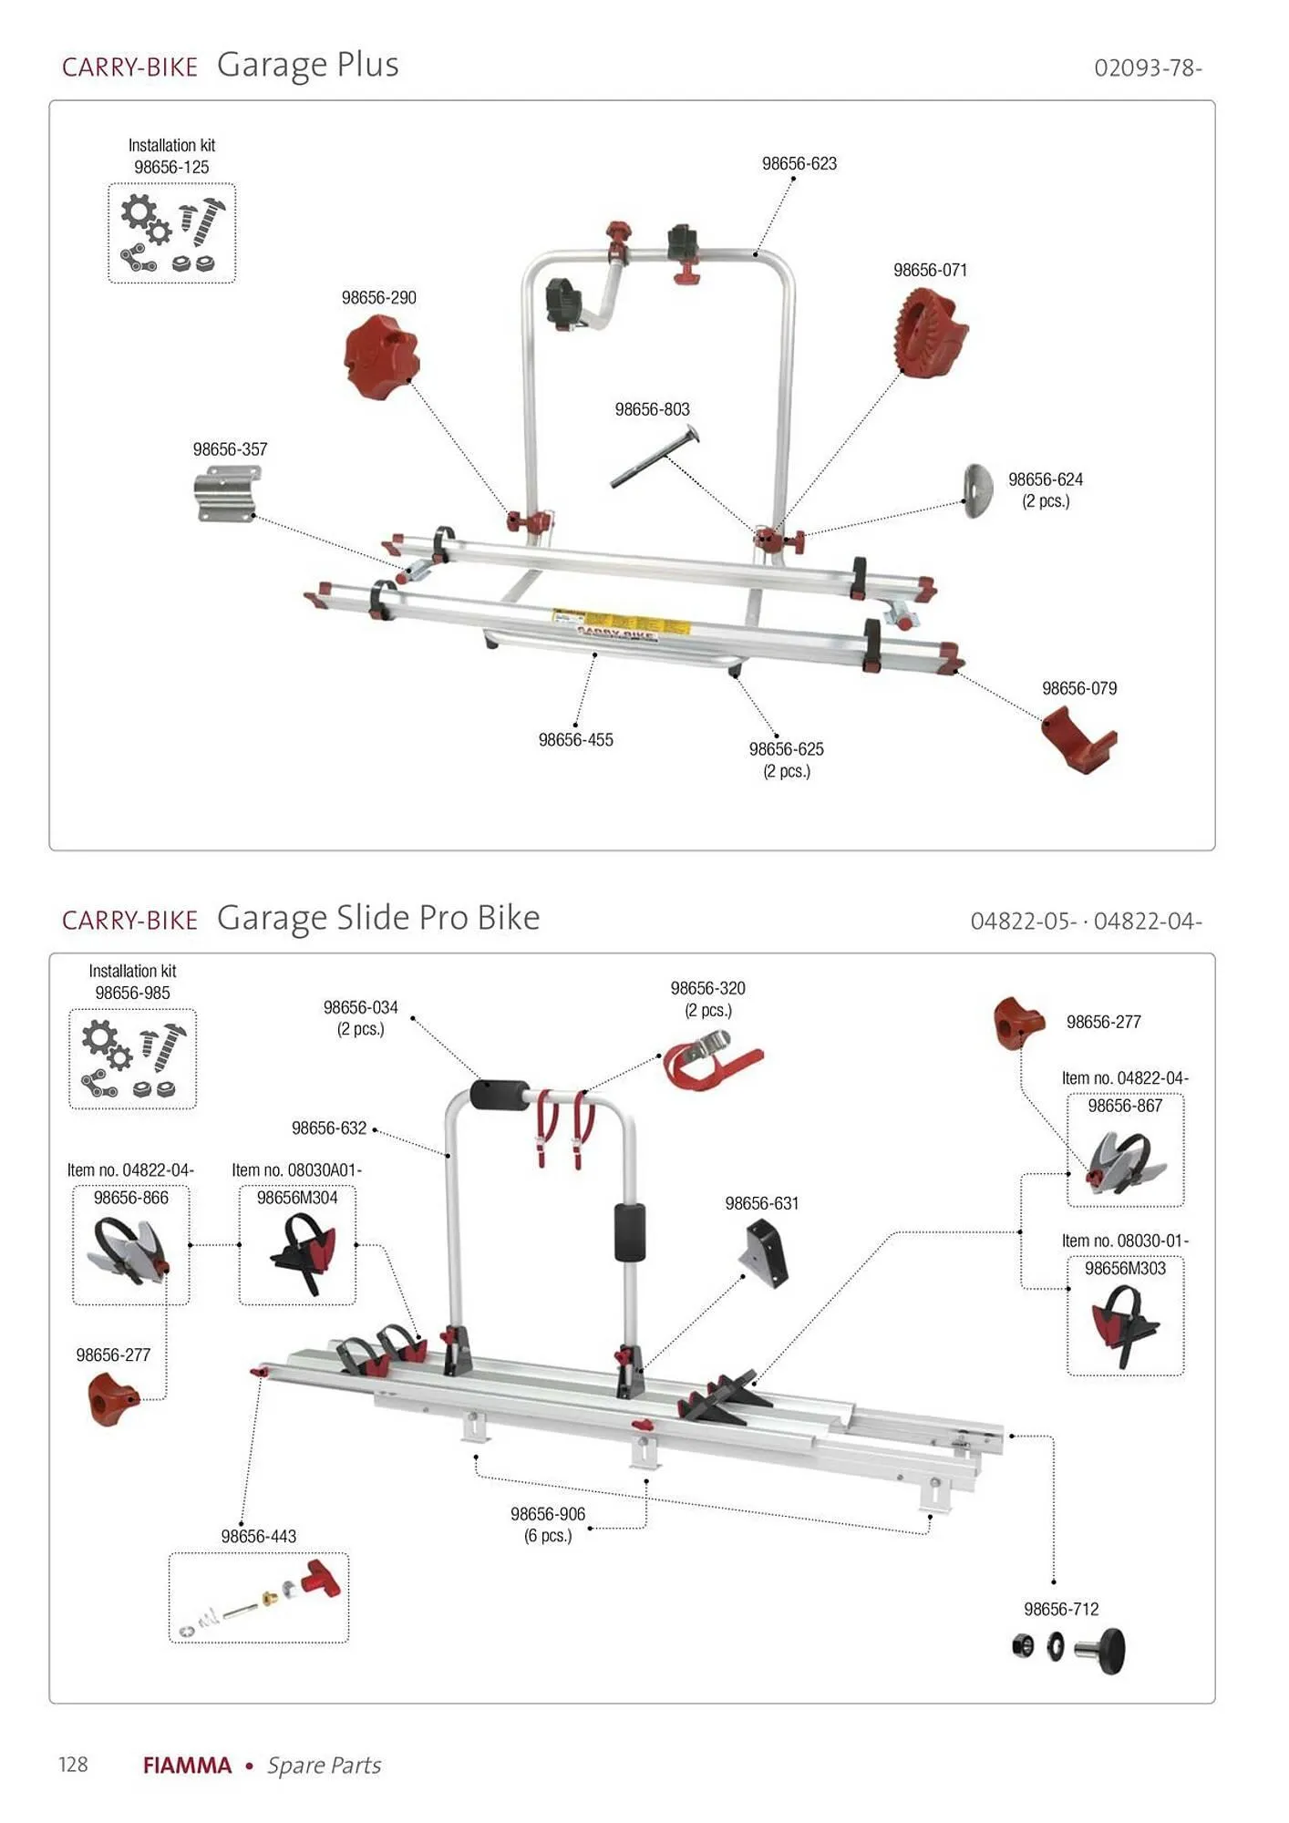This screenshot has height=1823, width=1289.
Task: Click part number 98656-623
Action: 799,164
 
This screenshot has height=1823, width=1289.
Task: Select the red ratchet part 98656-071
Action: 931,332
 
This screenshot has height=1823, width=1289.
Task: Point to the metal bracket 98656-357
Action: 228,493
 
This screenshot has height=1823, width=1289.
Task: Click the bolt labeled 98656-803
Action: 654,457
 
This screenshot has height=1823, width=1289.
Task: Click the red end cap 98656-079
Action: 1078,740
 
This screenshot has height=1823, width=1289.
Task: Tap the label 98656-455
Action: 575,740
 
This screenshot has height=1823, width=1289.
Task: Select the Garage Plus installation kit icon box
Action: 172,233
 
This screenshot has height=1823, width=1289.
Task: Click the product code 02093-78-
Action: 1148,68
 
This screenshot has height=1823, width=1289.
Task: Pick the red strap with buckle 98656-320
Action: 712,1058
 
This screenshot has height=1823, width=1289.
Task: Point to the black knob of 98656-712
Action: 1111,1650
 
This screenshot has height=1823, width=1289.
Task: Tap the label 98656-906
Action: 547,1514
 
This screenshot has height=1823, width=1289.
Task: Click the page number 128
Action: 73,1765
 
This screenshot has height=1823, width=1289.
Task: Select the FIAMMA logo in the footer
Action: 188,1766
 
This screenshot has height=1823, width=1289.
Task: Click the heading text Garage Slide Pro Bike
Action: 378,917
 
